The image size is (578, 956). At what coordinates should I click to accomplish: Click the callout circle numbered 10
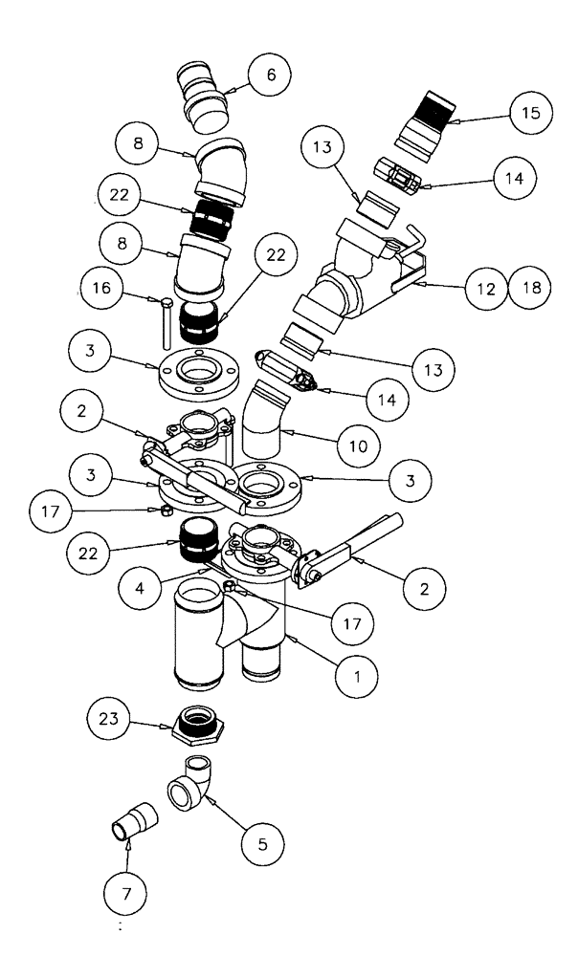pyautogui.click(x=359, y=445)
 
